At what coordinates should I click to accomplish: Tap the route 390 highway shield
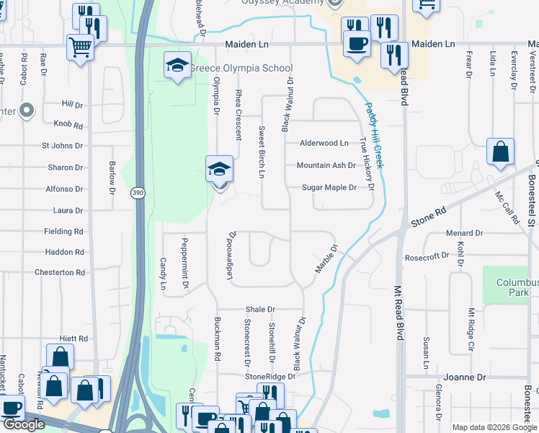coord(138,193)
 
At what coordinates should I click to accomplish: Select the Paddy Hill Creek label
coord(372,135)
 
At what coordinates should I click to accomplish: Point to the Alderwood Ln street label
coord(325,144)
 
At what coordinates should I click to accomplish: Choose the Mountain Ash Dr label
coord(326,165)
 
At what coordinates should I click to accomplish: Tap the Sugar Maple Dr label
coord(329,188)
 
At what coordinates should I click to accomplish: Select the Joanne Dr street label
coord(465,377)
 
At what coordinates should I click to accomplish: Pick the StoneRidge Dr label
coord(270,377)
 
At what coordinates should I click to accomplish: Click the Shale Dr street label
coord(260,309)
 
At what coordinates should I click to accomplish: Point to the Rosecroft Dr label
coord(427,256)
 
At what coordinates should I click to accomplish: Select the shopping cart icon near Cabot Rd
coord(80,48)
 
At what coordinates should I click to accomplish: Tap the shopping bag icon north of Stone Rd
coord(499,152)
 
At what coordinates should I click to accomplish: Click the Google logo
coord(24,424)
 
